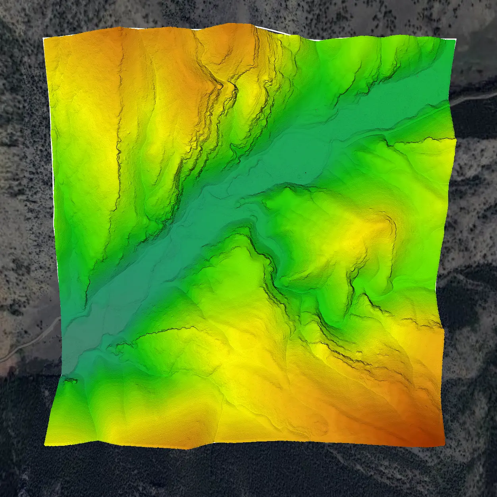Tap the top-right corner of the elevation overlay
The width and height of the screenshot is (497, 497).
(456, 40)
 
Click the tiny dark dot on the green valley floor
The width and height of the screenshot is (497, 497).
(306, 173)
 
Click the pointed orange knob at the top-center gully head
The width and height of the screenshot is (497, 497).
(220, 84)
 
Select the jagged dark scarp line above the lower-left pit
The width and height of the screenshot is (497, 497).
(159, 333)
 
